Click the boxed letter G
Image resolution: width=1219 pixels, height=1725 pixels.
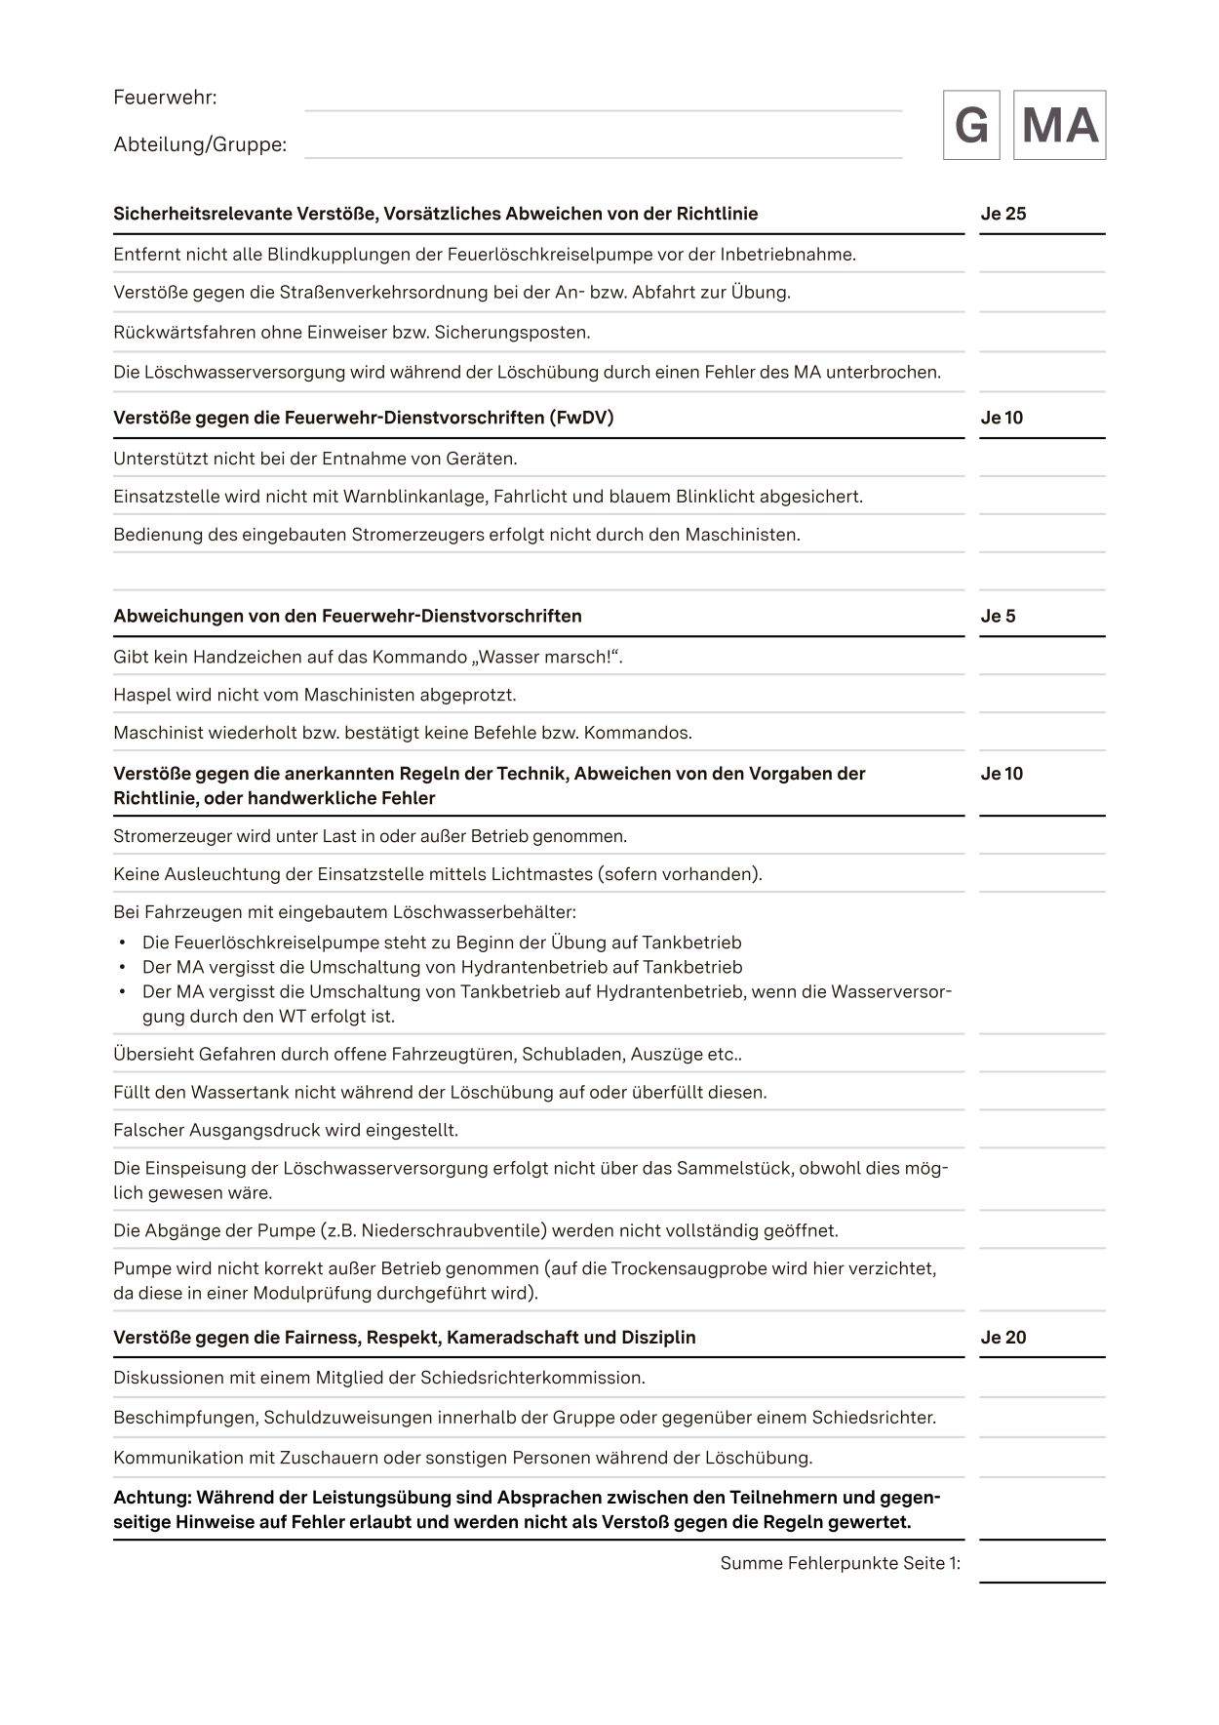pyautogui.click(x=971, y=125)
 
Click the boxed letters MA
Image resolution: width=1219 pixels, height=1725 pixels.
pyautogui.click(x=1059, y=125)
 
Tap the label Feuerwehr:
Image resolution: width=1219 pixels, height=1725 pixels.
pyautogui.click(x=165, y=98)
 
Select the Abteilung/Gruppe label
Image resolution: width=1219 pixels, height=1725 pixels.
pyautogui.click(x=200, y=145)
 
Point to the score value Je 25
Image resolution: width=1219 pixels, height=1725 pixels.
pyautogui.click(x=1003, y=214)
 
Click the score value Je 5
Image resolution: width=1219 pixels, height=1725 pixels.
pyautogui.click(x=999, y=616)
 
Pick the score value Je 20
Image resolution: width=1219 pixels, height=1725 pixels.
pyautogui.click(x=1003, y=1337)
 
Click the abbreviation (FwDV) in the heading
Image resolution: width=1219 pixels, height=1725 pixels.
pyautogui.click(x=582, y=418)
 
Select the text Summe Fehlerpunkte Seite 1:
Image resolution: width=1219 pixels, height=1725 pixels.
pyautogui.click(x=840, y=1563)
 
